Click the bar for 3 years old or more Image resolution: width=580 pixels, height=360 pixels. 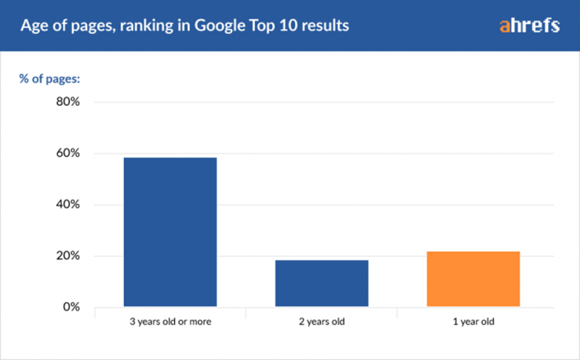pyautogui.click(x=170, y=232)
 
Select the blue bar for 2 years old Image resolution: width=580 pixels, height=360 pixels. pyautogui.click(x=322, y=283)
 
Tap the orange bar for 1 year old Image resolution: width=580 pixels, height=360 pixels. pyautogui.click(x=473, y=279)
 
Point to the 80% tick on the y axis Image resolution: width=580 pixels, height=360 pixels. pyautogui.click(x=68, y=102)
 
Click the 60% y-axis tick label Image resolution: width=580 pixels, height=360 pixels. pyautogui.click(x=68, y=154)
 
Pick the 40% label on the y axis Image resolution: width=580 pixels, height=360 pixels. pyautogui.click(x=68, y=205)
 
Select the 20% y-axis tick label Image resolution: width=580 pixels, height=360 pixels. pyautogui.click(x=68, y=256)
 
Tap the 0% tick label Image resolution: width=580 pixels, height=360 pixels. pyautogui.click(x=72, y=307)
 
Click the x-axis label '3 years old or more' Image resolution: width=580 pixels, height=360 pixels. pyautogui.click(x=170, y=322)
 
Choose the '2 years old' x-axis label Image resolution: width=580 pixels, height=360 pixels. pyautogui.click(x=322, y=322)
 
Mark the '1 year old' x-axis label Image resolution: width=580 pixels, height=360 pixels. pyautogui.click(x=473, y=322)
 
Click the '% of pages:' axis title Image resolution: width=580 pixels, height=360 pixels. pyautogui.click(x=49, y=79)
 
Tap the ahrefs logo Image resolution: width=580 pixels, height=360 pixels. pyautogui.click(x=529, y=26)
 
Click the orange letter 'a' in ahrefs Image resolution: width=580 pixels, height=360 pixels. pyautogui.click(x=505, y=26)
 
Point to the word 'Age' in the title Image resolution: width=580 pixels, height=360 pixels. pyautogui.click(x=33, y=26)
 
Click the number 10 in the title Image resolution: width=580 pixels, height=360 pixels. pyautogui.click(x=298, y=26)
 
